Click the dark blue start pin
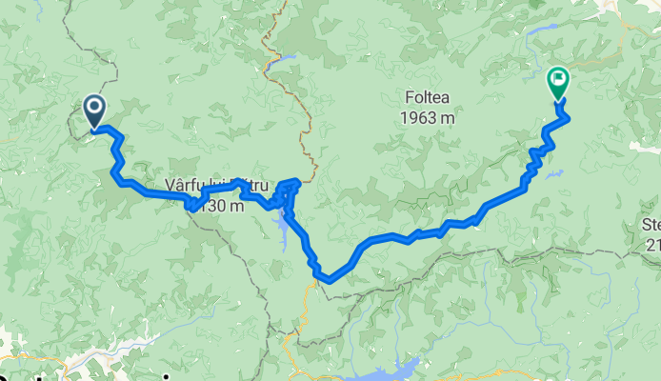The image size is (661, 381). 95,110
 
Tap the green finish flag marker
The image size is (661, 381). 558,81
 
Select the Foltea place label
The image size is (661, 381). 425,96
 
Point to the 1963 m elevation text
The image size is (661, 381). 425,117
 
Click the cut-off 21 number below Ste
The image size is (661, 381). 652,246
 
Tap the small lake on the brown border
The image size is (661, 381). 283,63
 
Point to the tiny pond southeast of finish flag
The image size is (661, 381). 556,174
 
